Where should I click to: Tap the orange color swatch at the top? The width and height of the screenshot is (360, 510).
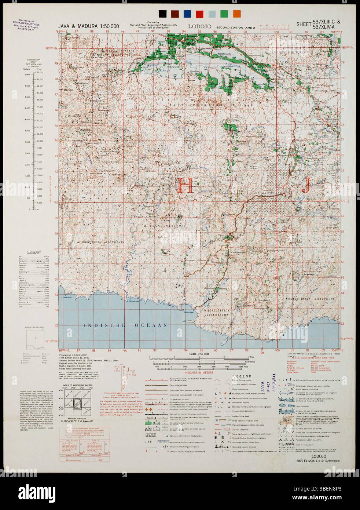237,14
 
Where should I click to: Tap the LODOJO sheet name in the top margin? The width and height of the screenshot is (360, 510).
198,26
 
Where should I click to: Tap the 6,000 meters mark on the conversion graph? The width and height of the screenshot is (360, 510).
26,74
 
